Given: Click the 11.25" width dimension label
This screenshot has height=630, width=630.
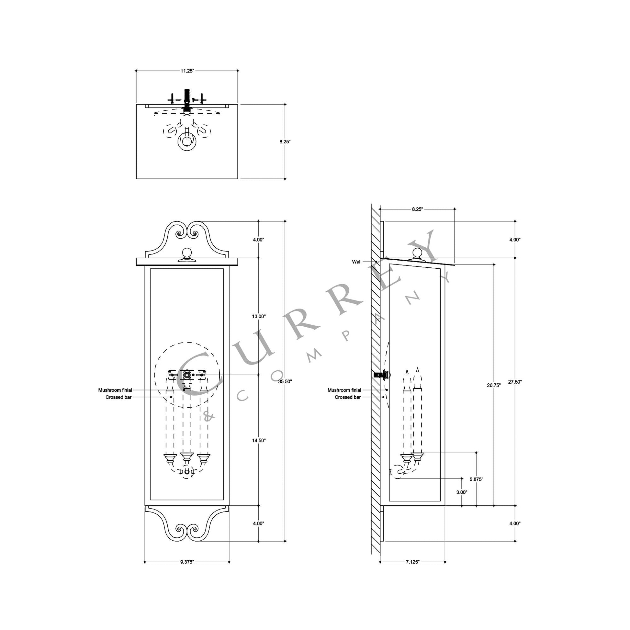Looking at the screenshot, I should (x=187, y=71).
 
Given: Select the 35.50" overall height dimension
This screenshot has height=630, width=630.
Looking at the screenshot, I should (x=285, y=381).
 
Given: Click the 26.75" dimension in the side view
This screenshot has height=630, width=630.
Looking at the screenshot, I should (x=494, y=385).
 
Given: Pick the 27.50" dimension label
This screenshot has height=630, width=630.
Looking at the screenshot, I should (x=515, y=381).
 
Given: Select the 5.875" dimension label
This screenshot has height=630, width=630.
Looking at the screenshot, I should (x=477, y=479).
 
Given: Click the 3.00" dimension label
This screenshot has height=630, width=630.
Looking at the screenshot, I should (x=462, y=492).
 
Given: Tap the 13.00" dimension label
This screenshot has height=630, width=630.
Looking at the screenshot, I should (x=259, y=316).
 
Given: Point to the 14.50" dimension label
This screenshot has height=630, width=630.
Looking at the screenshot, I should (x=259, y=441).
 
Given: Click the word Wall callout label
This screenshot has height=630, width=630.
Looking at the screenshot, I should (x=357, y=262).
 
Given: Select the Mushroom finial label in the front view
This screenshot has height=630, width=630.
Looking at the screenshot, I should (x=115, y=390).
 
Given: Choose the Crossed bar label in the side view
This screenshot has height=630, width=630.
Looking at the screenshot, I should (x=348, y=397).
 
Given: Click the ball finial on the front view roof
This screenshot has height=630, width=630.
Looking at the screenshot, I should (x=187, y=253).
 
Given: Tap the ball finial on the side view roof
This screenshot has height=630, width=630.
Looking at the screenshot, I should (x=417, y=253).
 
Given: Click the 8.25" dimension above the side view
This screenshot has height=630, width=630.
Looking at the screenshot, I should (x=417, y=209).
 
